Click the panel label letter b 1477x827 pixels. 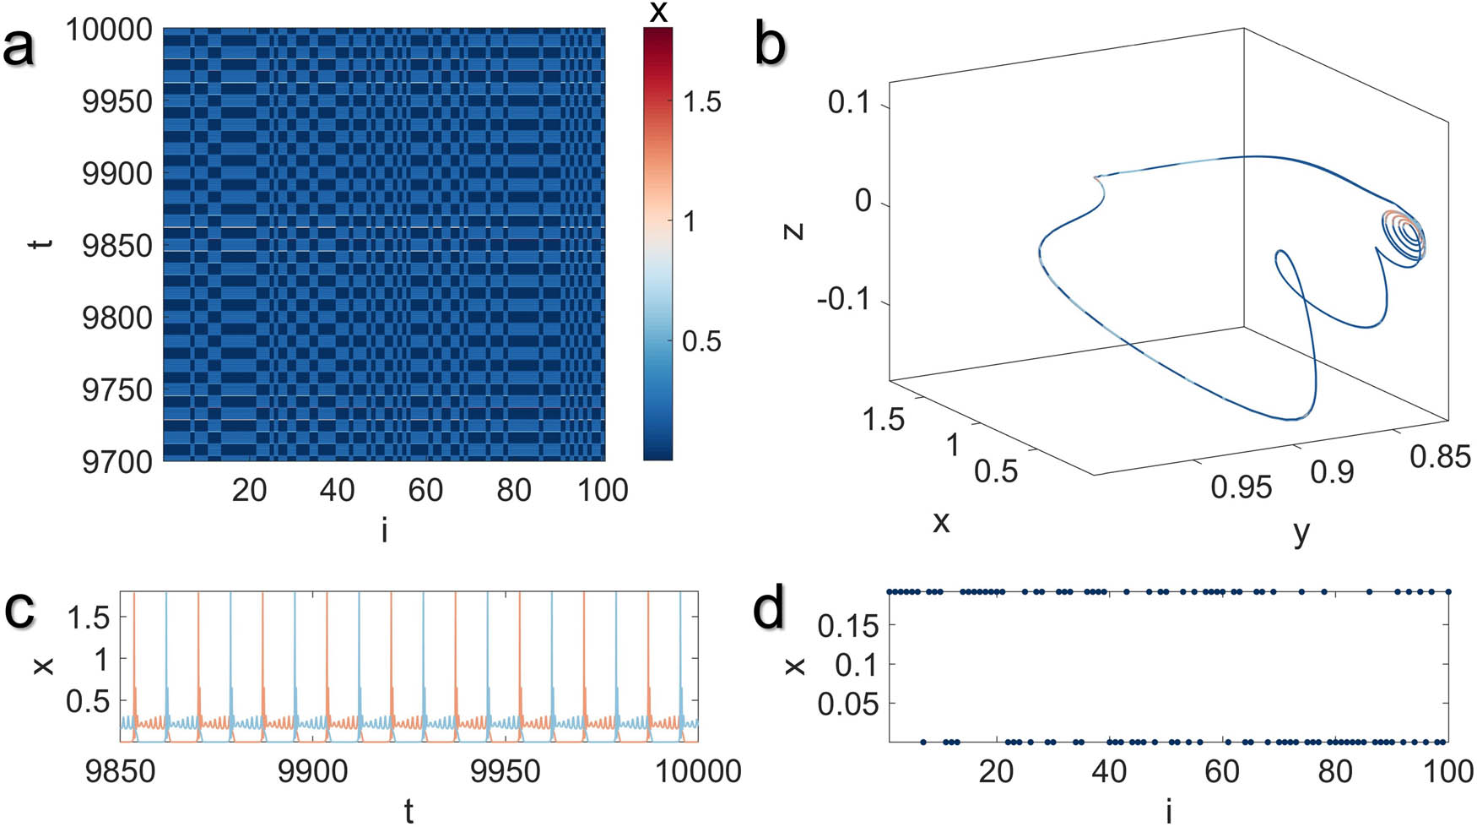tap(770, 45)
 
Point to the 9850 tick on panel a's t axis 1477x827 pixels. tap(117, 246)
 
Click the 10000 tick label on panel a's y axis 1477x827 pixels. tap(110, 30)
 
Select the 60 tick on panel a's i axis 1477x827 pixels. tap(425, 490)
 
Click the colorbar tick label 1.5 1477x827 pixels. tap(701, 102)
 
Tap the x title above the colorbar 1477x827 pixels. tap(658, 12)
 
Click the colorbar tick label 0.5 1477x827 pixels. tap(701, 341)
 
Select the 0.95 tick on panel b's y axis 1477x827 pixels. tap(1241, 487)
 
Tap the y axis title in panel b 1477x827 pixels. tap(1301, 531)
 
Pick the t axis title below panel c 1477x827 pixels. tap(408, 811)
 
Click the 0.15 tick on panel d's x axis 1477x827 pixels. tap(848, 626)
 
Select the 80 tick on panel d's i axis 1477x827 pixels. tap(1334, 771)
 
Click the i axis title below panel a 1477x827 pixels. tap(384, 530)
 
